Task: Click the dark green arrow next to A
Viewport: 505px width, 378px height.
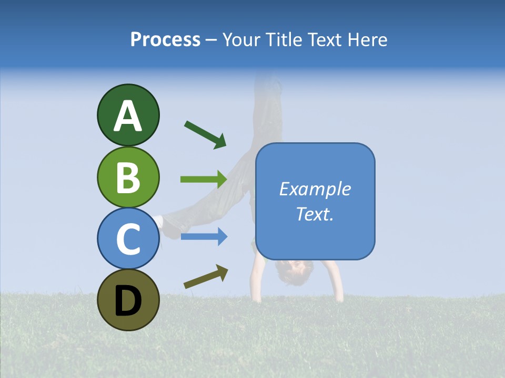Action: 205,134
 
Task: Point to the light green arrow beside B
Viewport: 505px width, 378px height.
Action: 204,179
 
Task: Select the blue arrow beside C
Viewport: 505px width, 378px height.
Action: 204,237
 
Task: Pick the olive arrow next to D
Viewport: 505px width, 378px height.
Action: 206,277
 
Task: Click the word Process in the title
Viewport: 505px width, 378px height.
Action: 165,39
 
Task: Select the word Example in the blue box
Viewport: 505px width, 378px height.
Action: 315,189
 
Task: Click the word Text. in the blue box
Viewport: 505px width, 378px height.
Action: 315,214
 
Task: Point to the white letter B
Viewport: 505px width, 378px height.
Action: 128,177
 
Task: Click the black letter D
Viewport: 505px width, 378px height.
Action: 128,300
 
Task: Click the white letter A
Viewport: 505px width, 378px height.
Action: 128,115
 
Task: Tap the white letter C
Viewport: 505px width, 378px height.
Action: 128,238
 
